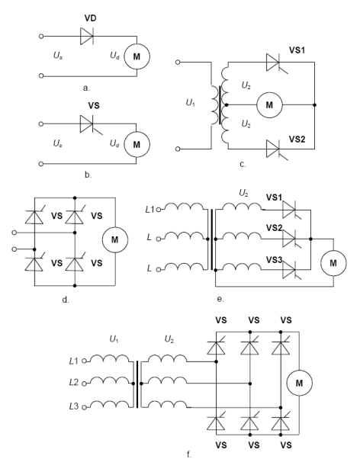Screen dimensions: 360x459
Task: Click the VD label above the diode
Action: coord(90,18)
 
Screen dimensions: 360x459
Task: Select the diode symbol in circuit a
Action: coord(87,37)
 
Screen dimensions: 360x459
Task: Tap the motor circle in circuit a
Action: coord(137,56)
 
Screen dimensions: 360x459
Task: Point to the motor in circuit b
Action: coord(137,145)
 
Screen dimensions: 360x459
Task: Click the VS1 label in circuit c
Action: coord(297,50)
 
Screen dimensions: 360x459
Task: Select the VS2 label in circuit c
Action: coord(297,139)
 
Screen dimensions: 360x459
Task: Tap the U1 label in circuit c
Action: coord(191,103)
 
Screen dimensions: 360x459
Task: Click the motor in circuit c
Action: coord(269,104)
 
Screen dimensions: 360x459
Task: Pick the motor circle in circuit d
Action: coord(115,239)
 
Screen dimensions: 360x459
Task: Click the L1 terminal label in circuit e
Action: coord(149,210)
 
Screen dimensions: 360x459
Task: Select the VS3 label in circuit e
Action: coord(274,260)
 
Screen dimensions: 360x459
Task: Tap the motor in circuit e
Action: coord(333,263)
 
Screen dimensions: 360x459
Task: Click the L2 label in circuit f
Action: coord(74,382)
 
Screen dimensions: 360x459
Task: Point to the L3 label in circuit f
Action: coord(74,406)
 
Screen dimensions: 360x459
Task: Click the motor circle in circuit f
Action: coord(299,383)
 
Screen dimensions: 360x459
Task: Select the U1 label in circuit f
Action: coord(114,339)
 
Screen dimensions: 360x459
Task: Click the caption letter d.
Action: coord(66,300)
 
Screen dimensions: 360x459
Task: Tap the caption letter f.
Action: coord(189,454)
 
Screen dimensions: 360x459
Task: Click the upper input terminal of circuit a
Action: coord(41,37)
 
